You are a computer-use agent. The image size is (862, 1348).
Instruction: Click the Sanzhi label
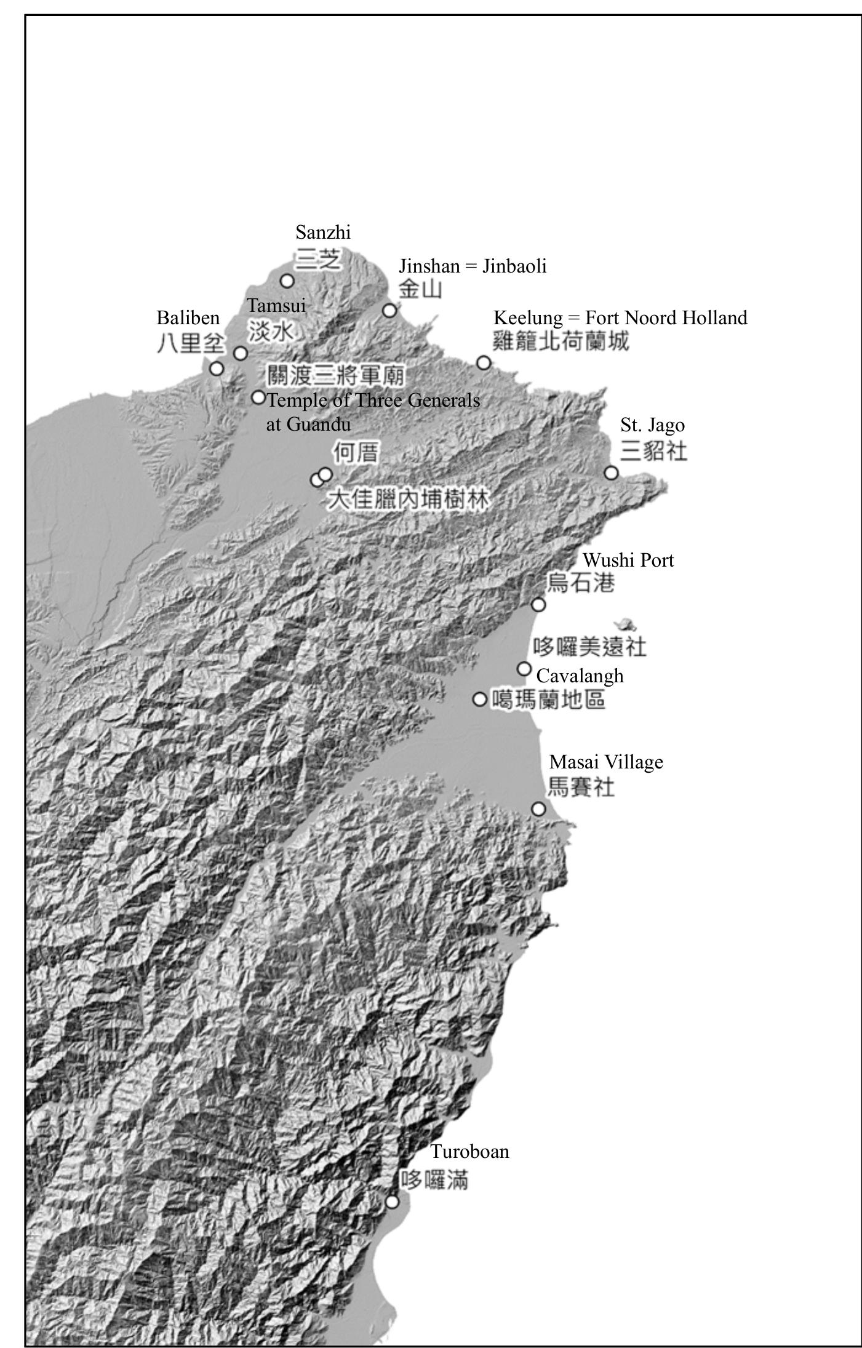pyautogui.click(x=323, y=233)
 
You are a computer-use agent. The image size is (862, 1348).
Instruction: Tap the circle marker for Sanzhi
pyautogui.click(x=287, y=281)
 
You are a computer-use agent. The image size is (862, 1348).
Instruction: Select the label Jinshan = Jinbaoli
pyautogui.click(x=473, y=266)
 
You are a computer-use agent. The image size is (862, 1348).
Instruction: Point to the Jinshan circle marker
pyautogui.click(x=389, y=311)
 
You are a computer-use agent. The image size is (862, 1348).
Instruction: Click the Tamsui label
pyautogui.click(x=276, y=305)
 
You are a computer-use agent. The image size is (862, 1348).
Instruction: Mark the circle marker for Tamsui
pyautogui.click(x=241, y=354)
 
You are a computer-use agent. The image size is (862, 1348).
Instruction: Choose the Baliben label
pyautogui.click(x=188, y=318)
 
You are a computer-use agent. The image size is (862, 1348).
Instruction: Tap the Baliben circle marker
pyautogui.click(x=217, y=369)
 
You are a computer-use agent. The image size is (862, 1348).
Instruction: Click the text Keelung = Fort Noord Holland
pyautogui.click(x=620, y=318)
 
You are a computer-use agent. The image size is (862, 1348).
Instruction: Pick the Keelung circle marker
pyautogui.click(x=484, y=363)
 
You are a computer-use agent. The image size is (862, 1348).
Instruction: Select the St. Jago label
pyautogui.click(x=652, y=425)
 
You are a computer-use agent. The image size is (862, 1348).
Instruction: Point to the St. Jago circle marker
pyautogui.click(x=611, y=473)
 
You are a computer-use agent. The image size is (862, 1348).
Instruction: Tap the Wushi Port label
pyautogui.click(x=628, y=560)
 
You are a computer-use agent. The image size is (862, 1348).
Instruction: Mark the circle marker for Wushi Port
pyautogui.click(x=538, y=605)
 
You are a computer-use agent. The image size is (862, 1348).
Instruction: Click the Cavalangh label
pyautogui.click(x=580, y=676)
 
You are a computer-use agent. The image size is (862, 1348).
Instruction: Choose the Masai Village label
pyautogui.click(x=606, y=762)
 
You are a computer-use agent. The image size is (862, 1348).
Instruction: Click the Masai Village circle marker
pyautogui.click(x=538, y=809)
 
